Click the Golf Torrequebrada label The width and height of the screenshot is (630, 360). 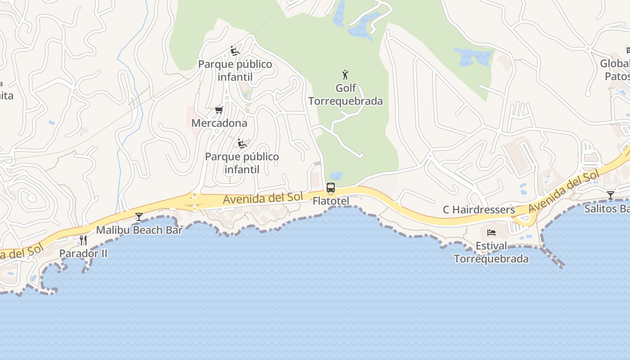coord(346,94)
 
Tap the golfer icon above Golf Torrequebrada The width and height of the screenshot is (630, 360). coord(345,75)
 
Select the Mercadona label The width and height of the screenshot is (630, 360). coord(219,123)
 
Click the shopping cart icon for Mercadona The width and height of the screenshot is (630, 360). coord(219,110)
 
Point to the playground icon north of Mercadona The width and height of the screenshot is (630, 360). coord(234,51)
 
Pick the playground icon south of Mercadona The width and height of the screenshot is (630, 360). coord(242,144)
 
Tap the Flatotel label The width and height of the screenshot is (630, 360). coord(331,201)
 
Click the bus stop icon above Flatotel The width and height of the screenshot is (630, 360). coord(331,188)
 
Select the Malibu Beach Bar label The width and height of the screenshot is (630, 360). coord(139,230)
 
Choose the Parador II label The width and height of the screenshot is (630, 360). coord(83,253)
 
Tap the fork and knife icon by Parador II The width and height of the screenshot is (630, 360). coord(83,240)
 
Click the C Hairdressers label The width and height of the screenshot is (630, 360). coord(479,210)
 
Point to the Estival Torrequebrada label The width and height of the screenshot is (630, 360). coord(491,252)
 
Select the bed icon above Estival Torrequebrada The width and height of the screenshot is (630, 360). coord(491,233)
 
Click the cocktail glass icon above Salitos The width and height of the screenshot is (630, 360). coord(610,195)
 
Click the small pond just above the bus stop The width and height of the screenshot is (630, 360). coord(336,175)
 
